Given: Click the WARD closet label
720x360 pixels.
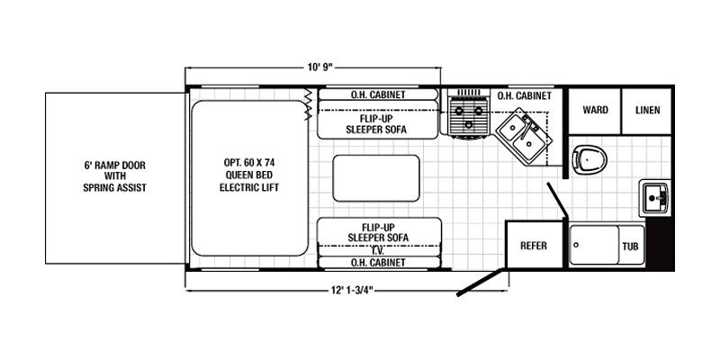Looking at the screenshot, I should point(595,111).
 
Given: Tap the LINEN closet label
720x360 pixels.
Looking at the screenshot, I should point(647,111).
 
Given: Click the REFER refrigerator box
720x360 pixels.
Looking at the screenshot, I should point(535,244).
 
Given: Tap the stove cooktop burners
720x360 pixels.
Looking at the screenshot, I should point(467,118).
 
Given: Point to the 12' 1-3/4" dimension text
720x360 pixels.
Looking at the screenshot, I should point(352,289).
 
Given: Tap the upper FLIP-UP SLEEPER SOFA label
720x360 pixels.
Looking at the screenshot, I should point(377,123).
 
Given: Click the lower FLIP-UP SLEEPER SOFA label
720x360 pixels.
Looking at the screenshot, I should point(377,230).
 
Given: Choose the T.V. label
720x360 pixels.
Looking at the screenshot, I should point(377,250).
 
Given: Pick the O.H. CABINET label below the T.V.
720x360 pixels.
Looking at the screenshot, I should point(377,262).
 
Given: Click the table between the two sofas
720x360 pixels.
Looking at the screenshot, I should point(376,177).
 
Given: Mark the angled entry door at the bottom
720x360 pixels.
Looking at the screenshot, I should point(482,281).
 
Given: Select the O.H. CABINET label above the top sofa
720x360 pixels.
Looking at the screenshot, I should point(377,94).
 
